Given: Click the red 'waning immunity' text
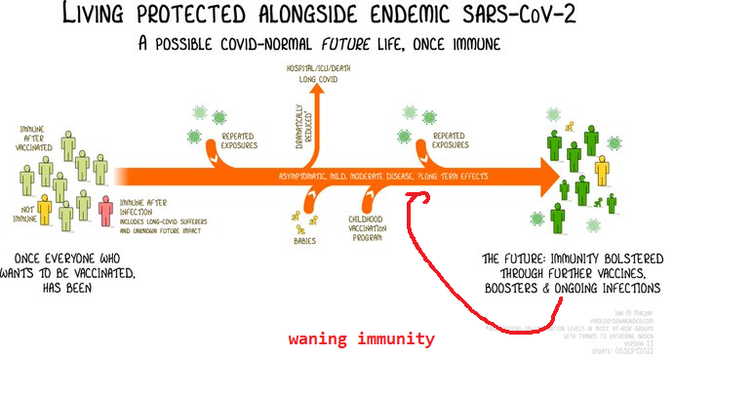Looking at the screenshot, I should coord(361,339).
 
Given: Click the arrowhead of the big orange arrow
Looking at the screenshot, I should coord(546,177).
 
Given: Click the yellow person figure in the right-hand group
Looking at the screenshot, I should coord(602,172).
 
